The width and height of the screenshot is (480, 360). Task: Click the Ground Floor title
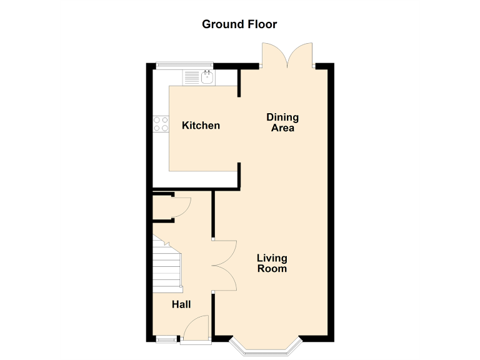239,24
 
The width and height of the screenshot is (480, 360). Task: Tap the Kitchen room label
201,126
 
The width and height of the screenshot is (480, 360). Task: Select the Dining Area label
282,122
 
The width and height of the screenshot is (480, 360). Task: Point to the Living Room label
272,263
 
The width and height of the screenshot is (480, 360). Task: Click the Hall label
181,304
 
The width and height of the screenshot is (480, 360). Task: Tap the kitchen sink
208,77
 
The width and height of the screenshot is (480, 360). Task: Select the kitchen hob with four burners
161,124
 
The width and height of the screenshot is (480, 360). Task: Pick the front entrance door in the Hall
197,327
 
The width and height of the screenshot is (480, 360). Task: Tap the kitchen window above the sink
184,65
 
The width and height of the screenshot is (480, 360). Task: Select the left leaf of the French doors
274,54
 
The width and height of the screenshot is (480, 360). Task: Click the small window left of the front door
166,340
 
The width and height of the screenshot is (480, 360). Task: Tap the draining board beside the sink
192,77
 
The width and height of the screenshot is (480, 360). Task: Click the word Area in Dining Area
282,128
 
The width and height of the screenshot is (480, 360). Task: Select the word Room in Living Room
272,269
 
